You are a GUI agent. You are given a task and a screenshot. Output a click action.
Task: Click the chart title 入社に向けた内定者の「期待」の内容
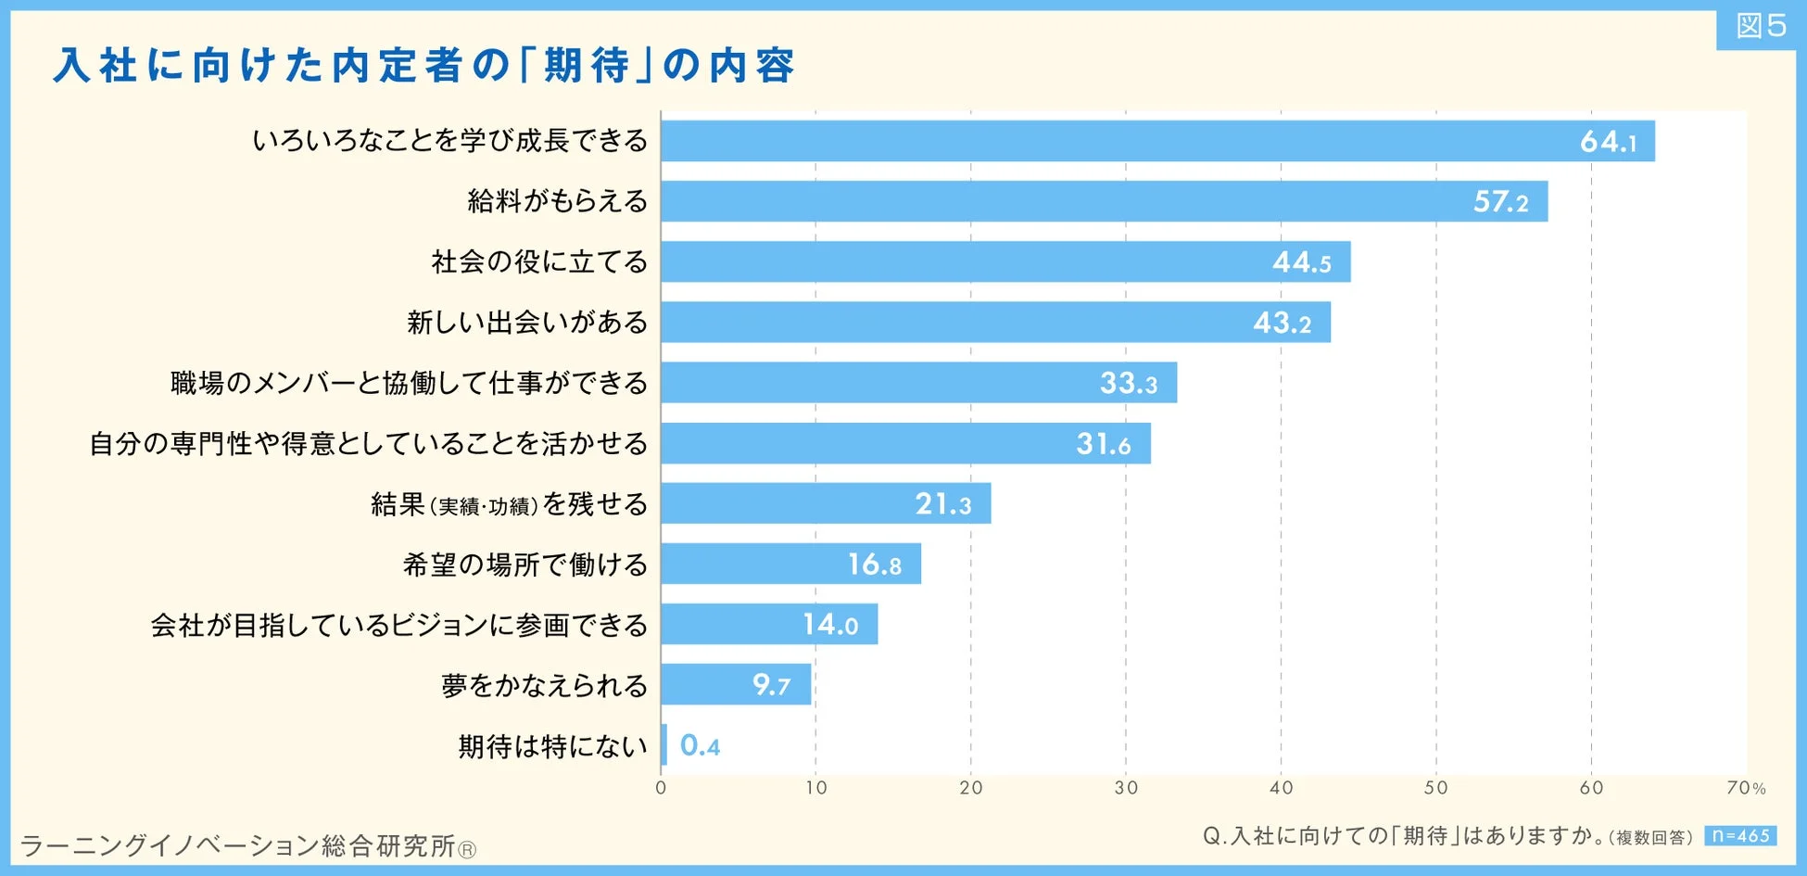(423, 66)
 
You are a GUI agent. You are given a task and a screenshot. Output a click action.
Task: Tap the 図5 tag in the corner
(1760, 26)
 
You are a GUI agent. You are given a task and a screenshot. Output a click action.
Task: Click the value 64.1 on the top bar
(1608, 142)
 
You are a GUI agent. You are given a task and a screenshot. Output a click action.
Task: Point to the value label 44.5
(1301, 262)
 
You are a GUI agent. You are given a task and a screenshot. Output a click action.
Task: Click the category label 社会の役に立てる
(539, 262)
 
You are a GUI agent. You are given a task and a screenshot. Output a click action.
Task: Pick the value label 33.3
(1128, 383)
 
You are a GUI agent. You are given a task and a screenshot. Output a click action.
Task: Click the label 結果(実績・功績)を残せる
(509, 504)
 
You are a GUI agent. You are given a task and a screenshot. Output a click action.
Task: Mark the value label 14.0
(830, 625)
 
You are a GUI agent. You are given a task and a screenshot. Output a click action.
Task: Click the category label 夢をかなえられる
(544, 686)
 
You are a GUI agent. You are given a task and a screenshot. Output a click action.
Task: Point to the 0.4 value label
(700, 745)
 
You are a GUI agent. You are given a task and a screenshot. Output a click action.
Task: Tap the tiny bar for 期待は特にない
(663, 745)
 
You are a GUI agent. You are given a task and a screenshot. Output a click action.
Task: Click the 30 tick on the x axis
(1126, 788)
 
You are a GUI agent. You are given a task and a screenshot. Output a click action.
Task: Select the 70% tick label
(1746, 788)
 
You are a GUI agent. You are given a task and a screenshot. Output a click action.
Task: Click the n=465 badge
(1739, 835)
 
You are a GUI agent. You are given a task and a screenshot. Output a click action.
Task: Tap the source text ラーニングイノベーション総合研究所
(247, 845)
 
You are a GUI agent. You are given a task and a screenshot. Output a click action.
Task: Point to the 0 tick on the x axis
(661, 788)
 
